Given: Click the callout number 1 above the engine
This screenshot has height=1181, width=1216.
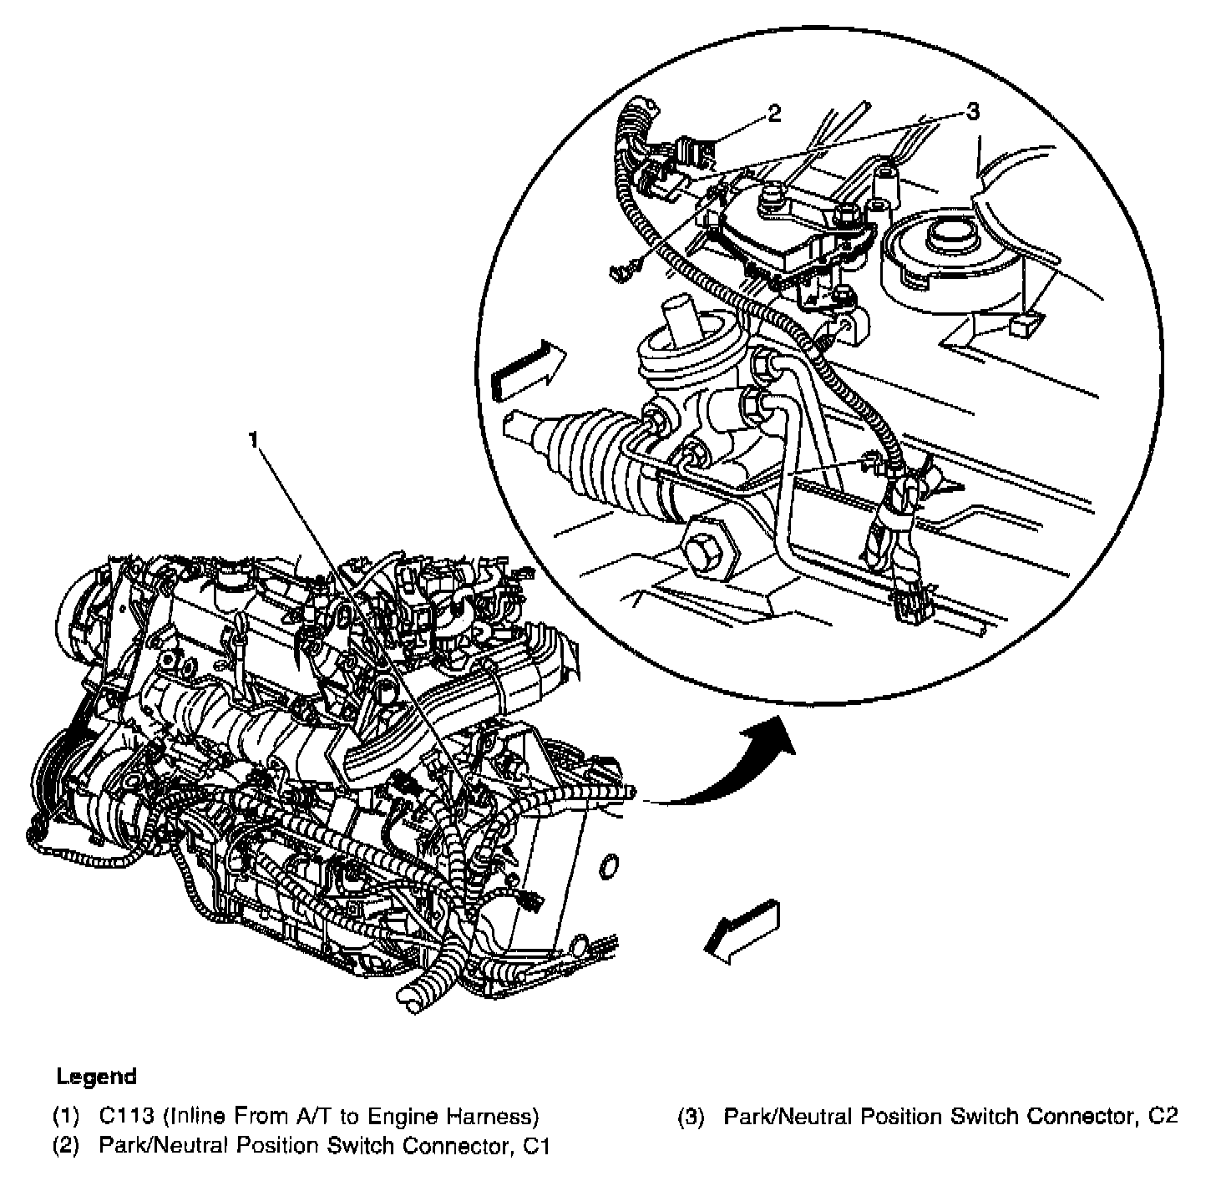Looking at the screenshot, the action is [x=253, y=440].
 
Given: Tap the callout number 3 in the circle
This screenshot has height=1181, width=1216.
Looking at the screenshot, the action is [x=972, y=112].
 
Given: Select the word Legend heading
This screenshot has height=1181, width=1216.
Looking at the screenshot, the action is [x=96, y=1076].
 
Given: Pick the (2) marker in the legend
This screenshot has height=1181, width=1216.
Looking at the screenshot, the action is [x=66, y=1145].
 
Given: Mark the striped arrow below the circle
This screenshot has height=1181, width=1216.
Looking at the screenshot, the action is [x=742, y=930].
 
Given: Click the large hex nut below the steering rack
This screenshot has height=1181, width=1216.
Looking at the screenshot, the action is [x=711, y=550].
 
